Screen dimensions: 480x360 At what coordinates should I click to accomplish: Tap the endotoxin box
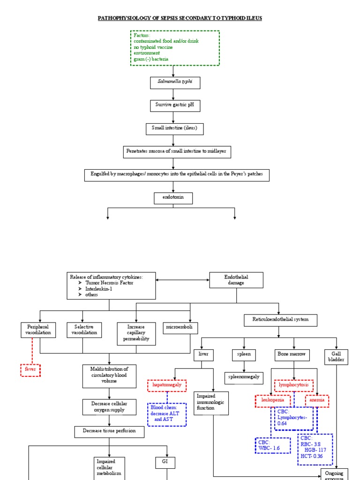pyautogui.click(x=173, y=198)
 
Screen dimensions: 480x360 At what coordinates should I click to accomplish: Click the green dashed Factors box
pyautogui.click(x=174, y=48)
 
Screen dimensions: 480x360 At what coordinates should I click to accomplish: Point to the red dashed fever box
pyautogui.click(x=30, y=370)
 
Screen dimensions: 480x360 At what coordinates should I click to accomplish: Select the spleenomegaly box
pyautogui.click(x=243, y=377)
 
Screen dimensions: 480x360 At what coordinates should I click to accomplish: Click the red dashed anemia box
pyautogui.click(x=317, y=401)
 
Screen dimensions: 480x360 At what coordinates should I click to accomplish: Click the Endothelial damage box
pyautogui.click(x=236, y=280)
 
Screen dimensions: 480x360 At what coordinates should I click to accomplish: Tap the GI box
pyautogui.click(x=165, y=463)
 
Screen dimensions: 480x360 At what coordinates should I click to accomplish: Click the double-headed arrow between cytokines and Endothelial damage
pyautogui.click(x=182, y=280)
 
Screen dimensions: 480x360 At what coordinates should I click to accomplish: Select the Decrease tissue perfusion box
pyautogui.click(x=109, y=432)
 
